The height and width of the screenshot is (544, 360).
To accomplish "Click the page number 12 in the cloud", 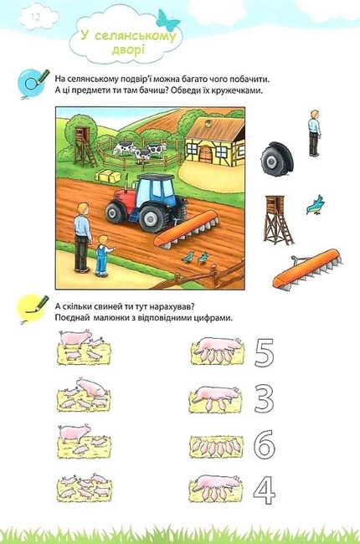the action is pos(36,18).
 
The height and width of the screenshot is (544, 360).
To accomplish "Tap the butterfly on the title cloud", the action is pos(167,20).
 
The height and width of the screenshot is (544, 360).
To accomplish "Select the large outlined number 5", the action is pos(265,352).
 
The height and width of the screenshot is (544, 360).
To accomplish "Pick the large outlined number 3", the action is pos(264,398).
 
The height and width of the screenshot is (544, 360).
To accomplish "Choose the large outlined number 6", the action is pos(265,444).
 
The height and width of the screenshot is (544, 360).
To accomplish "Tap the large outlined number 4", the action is pos(265,490).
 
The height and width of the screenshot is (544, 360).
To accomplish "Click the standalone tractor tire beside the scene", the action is pos(277,159).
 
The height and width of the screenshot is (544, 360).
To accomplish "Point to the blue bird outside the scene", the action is pos(316,205).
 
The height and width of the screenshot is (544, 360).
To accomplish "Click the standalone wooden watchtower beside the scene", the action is pos(278,220).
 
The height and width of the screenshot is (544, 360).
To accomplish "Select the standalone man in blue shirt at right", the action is pos(314,133).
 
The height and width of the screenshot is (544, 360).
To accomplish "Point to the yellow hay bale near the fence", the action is pos(108,177).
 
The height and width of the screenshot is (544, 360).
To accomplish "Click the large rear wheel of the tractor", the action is pos(151,218).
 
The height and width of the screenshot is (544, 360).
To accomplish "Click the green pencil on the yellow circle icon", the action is pos(40,302).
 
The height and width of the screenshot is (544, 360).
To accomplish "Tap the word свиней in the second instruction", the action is pos(103,307).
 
